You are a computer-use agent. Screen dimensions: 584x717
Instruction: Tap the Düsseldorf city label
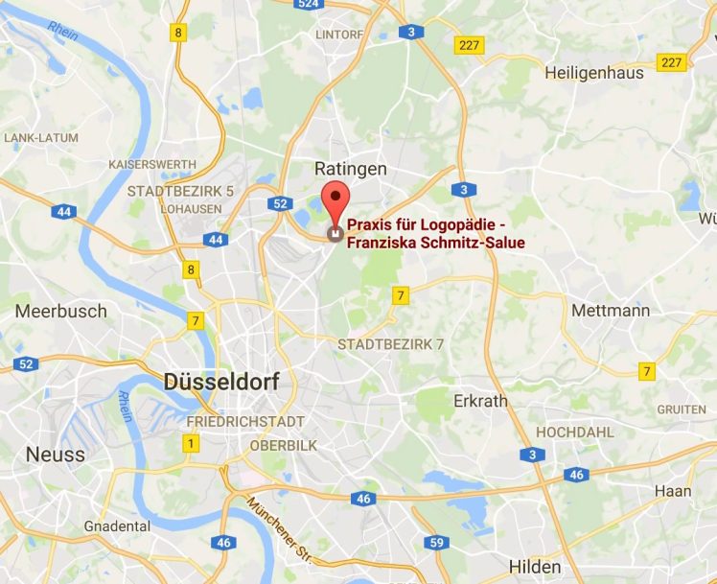221,382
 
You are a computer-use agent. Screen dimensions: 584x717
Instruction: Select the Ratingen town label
351,169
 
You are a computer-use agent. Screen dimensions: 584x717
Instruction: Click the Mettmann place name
610,311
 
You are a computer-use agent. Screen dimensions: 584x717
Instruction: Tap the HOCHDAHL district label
574,432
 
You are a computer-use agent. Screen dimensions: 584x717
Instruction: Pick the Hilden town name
535,566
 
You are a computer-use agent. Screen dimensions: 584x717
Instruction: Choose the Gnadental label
117,526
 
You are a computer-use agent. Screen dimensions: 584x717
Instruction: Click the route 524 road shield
308,5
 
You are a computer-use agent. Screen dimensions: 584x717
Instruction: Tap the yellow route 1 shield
191,443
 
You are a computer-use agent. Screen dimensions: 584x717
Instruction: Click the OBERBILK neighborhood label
283,445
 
